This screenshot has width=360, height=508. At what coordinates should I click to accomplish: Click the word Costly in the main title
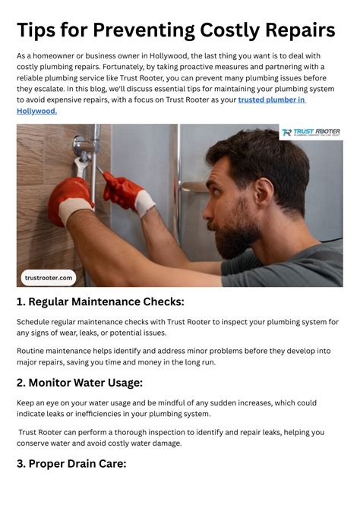tap(229, 30)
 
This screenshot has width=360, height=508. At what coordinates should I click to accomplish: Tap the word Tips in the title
tap(36, 30)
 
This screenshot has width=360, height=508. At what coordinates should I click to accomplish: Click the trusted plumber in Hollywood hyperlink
tap(161, 106)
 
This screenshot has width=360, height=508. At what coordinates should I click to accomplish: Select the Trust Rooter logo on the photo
tap(311, 132)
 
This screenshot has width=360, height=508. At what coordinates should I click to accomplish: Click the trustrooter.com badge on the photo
tap(49, 278)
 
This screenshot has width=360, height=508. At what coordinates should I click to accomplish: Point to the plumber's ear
tap(264, 193)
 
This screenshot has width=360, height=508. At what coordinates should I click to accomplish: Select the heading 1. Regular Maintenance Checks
tap(100, 301)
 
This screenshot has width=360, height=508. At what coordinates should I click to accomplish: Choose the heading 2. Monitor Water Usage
tap(80, 383)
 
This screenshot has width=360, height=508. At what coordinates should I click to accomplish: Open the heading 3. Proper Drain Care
tap(71, 464)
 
